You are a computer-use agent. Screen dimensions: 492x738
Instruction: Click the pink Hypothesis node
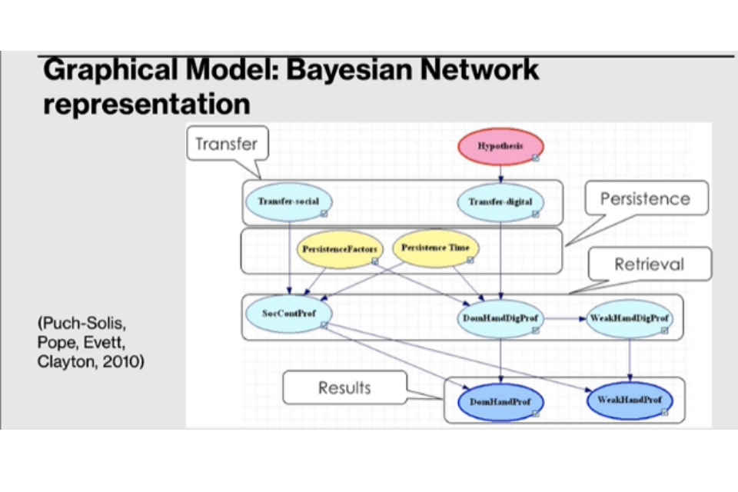(500, 147)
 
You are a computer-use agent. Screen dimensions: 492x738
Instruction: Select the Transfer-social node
(288, 202)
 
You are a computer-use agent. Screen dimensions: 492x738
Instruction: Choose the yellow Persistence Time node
(435, 248)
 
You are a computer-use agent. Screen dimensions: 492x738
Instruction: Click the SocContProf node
(288, 313)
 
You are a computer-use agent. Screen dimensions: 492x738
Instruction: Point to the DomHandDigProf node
(500, 317)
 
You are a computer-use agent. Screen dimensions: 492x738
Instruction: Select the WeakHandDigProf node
(628, 317)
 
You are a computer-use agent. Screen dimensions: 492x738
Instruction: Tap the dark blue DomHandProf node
(500, 401)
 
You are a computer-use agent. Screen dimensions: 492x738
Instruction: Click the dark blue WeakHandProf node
(630, 400)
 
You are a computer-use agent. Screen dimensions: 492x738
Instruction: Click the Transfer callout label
(226, 144)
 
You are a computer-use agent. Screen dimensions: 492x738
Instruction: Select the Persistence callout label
(645, 198)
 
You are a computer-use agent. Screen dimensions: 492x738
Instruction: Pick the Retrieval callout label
(649, 264)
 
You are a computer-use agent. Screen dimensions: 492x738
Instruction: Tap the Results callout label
(344, 387)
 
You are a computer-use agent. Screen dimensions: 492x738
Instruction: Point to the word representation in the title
(147, 105)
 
